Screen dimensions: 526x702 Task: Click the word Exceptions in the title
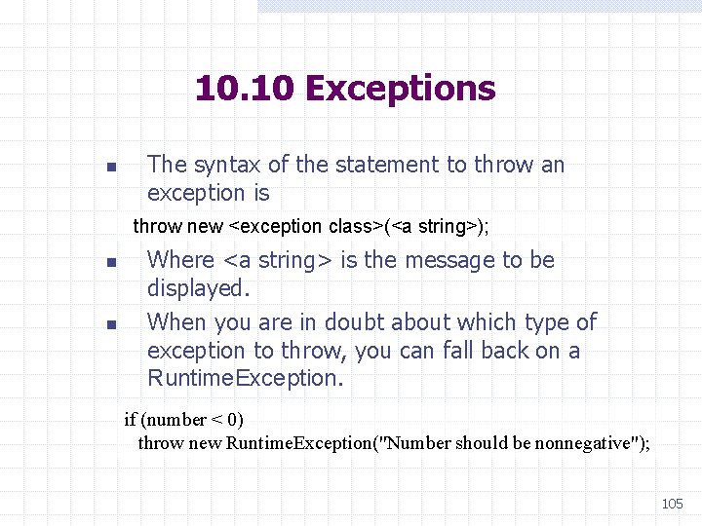click(400, 89)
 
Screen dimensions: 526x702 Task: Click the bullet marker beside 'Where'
click(111, 262)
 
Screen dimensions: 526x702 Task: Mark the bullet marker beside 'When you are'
click(111, 323)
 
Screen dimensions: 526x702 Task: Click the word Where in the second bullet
click(181, 260)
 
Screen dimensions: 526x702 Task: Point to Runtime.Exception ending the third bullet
click(245, 378)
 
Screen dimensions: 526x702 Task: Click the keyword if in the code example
click(130, 420)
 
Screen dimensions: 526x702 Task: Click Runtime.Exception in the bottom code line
click(305, 443)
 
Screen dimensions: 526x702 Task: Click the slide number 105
click(672, 504)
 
